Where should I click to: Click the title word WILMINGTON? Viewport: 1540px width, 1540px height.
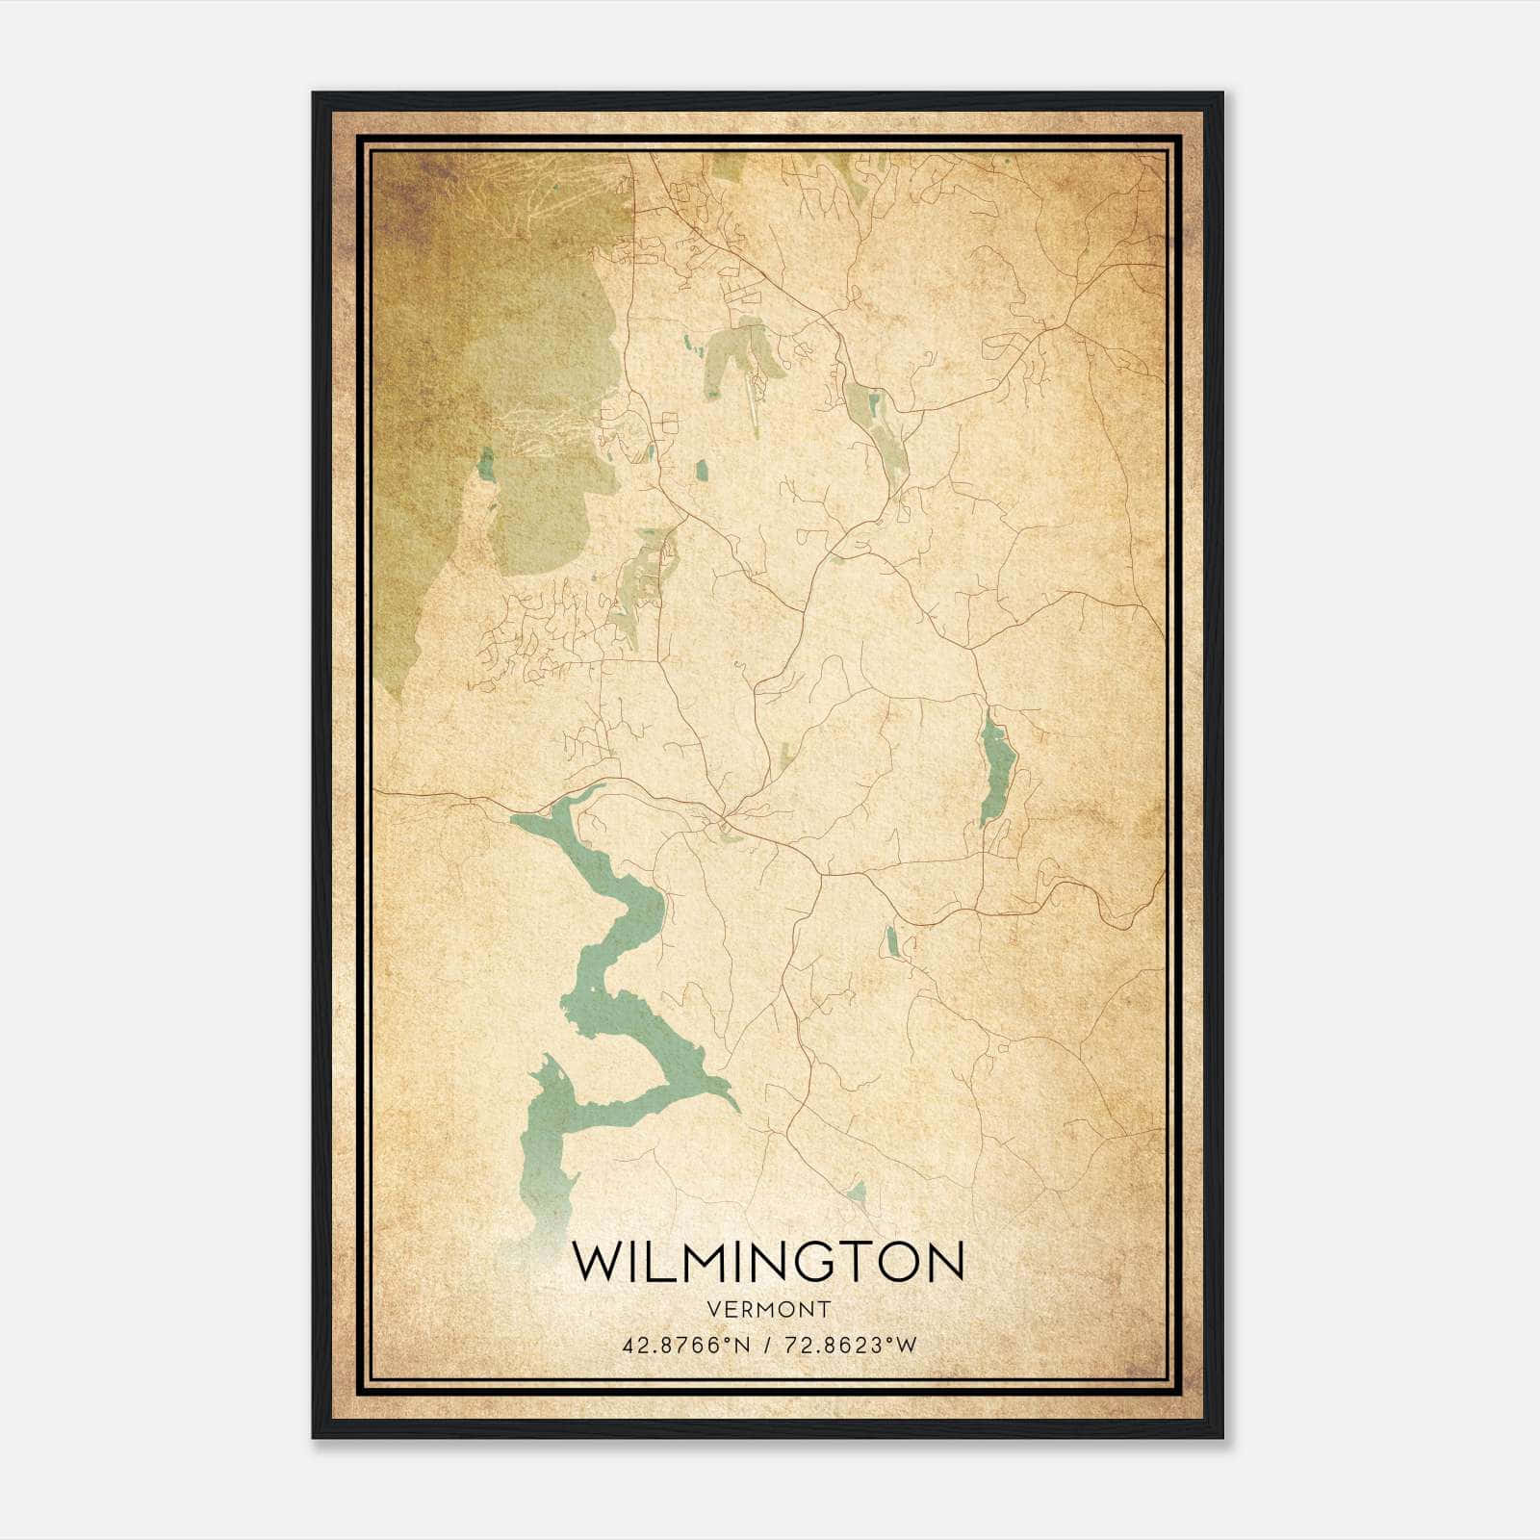[x=767, y=1262]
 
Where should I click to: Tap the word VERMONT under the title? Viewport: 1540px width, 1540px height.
[x=768, y=1309]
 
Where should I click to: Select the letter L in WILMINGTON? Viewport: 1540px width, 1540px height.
[x=659, y=1262]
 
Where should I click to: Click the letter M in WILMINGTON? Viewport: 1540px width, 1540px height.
[x=703, y=1262]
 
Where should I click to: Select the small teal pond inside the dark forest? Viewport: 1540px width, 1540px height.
[x=486, y=464]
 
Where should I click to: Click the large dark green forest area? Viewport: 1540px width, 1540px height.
[x=500, y=337]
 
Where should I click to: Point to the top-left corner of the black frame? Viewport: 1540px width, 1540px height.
[x=314, y=94]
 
